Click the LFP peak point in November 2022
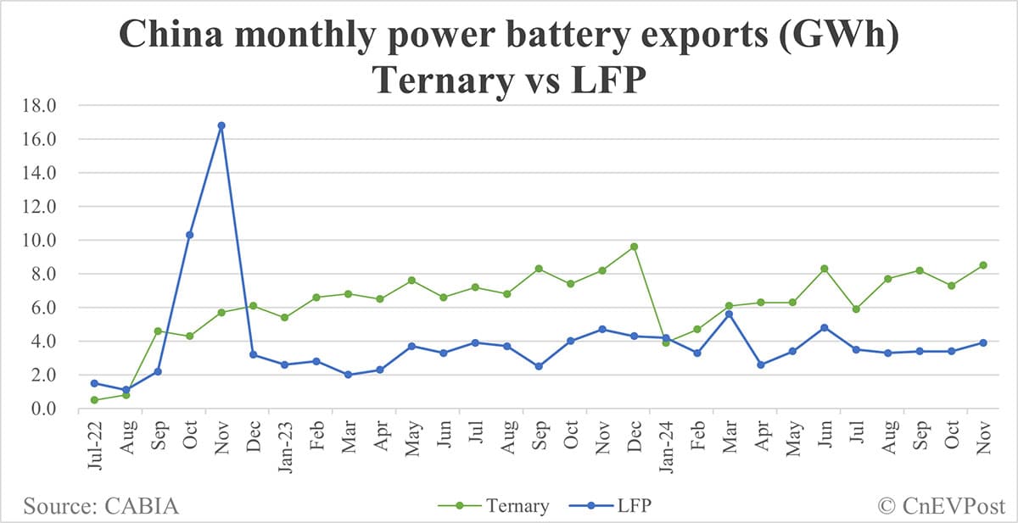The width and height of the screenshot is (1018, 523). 221,125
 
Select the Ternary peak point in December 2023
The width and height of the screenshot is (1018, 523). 634,247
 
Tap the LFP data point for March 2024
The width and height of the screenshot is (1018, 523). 729,314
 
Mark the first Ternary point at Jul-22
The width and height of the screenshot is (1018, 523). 94,400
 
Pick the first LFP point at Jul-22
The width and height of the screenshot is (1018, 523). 94,383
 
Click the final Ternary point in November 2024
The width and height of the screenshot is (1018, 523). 982,265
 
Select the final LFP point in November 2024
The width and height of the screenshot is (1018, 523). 982,342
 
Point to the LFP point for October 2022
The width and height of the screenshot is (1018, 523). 190,235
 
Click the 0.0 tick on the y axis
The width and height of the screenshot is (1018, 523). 42,409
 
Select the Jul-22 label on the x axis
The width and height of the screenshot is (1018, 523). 93,442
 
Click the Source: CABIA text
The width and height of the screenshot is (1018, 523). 102,506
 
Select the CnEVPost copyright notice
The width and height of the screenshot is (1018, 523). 940,506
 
